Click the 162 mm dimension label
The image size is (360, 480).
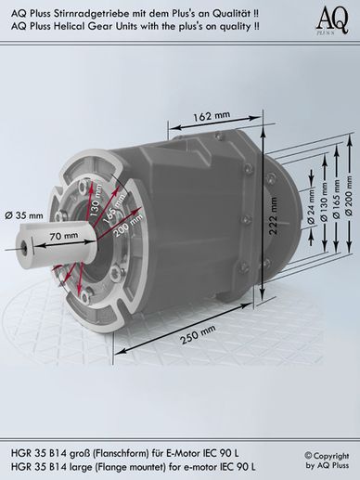(212, 116)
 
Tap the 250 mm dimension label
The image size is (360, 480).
(198, 335)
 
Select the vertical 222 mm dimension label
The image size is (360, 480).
(272, 215)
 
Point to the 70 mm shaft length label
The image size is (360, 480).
(64, 236)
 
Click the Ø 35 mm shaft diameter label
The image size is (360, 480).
(24, 215)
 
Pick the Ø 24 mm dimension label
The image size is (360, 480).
(311, 206)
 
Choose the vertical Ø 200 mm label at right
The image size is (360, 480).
(349, 196)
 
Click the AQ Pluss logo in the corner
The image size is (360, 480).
(333, 20)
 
